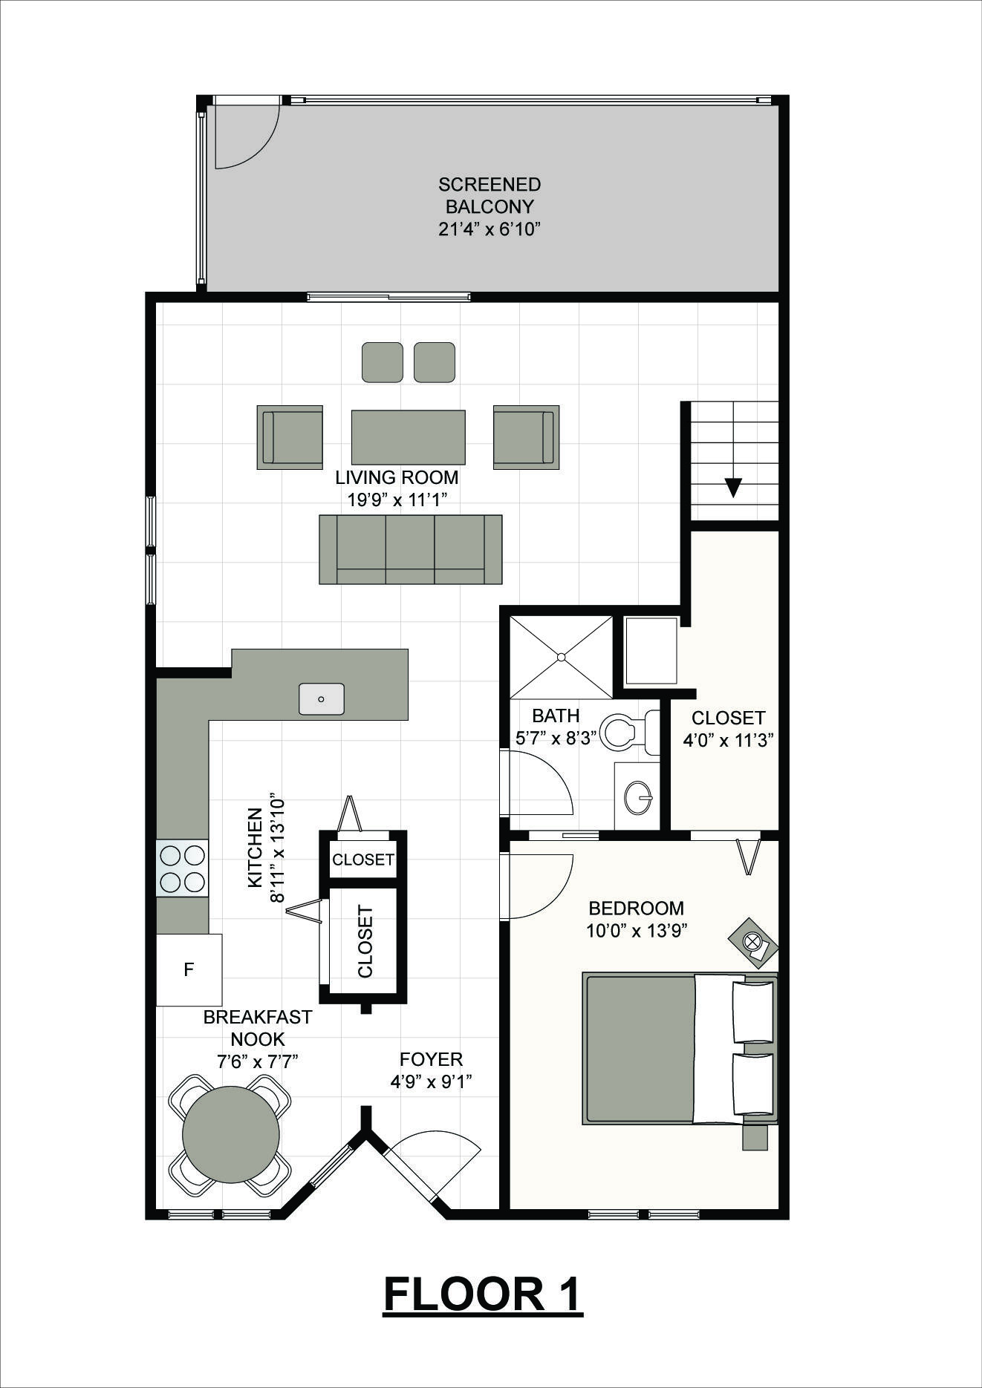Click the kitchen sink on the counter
pyautogui.click(x=322, y=699)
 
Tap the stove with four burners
pyautogui.click(x=182, y=868)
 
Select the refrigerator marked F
pyautogui.click(x=189, y=969)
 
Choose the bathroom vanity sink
pyautogui.click(x=638, y=797)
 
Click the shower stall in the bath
pyautogui.click(x=562, y=657)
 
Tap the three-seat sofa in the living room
pyautogui.click(x=411, y=549)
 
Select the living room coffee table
pyautogui.click(x=408, y=437)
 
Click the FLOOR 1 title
pyautogui.click(x=483, y=1294)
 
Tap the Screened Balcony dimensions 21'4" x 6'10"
pyautogui.click(x=489, y=229)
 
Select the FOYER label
pyautogui.click(x=431, y=1059)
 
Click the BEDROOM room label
pyautogui.click(x=636, y=908)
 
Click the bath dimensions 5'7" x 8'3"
pyautogui.click(x=556, y=739)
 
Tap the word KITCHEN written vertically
pyautogui.click(x=255, y=847)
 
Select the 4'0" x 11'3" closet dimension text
pyautogui.click(x=729, y=740)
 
